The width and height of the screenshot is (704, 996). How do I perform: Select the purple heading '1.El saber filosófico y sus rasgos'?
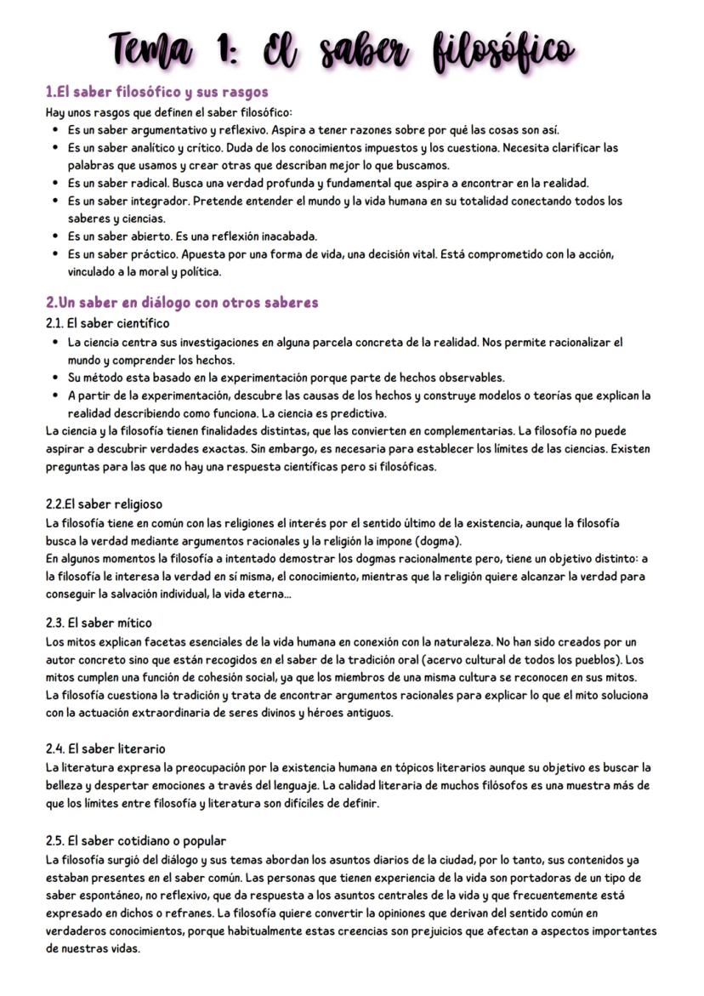157,91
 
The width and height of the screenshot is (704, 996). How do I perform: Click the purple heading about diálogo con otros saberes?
182,302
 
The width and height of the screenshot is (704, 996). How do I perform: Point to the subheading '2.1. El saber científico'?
107,323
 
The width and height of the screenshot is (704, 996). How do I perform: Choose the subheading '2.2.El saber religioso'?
104,504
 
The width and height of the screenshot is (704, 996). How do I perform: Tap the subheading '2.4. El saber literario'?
105,748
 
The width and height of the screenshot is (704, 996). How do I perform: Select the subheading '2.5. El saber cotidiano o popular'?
136,840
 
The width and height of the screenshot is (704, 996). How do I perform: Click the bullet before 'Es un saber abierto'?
55,236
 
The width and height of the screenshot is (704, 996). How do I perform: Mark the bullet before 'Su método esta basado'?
55,377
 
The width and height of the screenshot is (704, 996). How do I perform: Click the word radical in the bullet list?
146,183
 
